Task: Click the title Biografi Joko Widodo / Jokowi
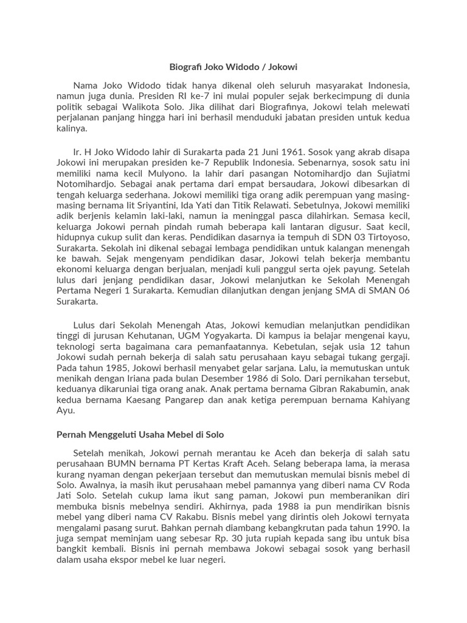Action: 233,65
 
